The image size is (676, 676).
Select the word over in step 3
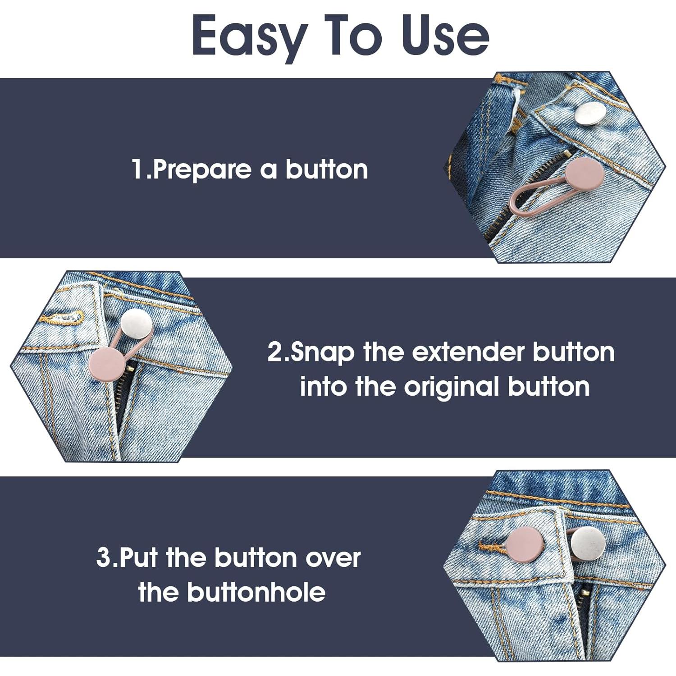coord(333,557)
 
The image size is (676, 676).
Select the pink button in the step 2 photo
coord(106,364)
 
